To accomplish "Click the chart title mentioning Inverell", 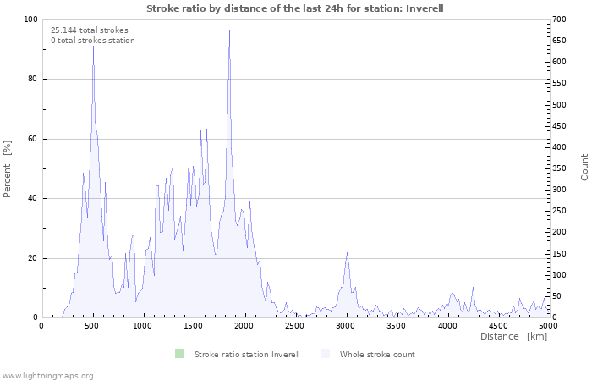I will point(295,8).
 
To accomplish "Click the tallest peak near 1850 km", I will point(229,31).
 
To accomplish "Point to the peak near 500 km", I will point(93,47).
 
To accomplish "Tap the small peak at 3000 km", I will point(347,253).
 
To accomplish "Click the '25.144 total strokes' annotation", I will point(90,30).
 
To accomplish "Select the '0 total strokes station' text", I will point(92,40).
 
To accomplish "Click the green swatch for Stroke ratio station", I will point(179,354).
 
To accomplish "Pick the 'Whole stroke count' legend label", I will point(377,354).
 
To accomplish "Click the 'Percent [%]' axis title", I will point(8,168).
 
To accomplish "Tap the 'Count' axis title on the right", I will point(584,167).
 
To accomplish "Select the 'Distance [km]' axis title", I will point(513,336).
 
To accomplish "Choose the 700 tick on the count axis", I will point(559,19).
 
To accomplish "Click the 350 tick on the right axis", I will point(559,168).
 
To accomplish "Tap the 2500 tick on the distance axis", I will point(295,325).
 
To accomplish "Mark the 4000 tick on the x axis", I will point(447,325).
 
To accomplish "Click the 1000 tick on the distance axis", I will point(143,325).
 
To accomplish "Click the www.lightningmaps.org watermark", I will point(47,375).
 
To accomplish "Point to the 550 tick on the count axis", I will point(559,84).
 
